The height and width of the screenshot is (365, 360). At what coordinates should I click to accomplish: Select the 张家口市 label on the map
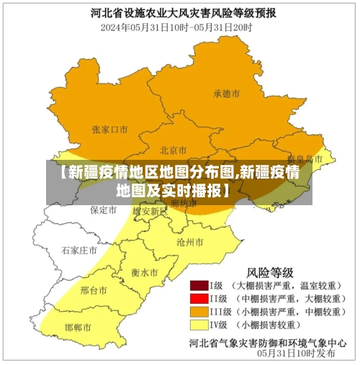click(x=109, y=130)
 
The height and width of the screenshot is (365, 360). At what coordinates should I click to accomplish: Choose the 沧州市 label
click(x=189, y=242)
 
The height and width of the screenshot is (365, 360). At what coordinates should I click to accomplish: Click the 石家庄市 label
click(x=78, y=251)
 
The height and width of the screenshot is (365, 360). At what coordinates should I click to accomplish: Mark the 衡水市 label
click(x=145, y=273)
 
